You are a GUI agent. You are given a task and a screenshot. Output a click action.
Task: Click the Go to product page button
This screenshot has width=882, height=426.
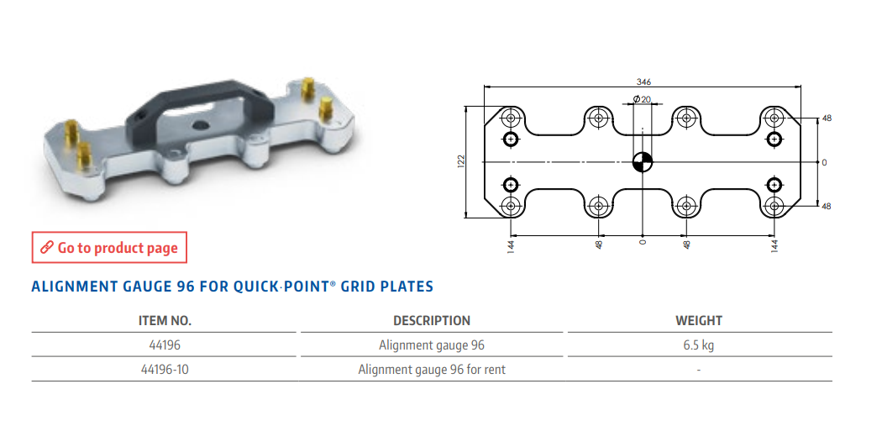(x=109, y=248)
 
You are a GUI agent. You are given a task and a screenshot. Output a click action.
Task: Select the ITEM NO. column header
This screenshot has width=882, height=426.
(x=165, y=321)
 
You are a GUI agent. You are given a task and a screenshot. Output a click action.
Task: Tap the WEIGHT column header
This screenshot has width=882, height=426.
(x=699, y=321)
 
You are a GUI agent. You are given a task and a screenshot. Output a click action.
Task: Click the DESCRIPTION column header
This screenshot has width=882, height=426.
(x=432, y=321)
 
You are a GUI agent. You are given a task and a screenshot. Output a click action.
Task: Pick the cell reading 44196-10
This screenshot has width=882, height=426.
(x=165, y=370)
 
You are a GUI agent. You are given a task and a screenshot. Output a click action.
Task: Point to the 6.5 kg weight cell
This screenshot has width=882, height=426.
(x=699, y=345)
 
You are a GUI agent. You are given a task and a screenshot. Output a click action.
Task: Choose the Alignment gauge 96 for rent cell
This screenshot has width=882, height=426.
(x=432, y=370)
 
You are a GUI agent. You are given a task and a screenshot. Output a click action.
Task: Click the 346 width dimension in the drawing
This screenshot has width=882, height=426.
(x=643, y=82)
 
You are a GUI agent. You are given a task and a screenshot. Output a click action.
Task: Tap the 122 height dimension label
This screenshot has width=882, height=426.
(x=460, y=162)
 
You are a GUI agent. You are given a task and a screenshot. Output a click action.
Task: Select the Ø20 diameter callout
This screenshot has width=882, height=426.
(x=642, y=99)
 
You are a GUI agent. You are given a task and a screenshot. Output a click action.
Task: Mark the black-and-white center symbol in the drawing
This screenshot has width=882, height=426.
(x=642, y=162)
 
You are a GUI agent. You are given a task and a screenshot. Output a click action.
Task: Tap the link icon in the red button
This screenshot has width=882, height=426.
(x=47, y=248)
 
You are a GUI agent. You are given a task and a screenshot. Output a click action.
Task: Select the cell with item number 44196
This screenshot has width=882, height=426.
(x=165, y=345)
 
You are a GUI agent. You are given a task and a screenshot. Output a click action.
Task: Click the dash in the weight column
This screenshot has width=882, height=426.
(x=699, y=371)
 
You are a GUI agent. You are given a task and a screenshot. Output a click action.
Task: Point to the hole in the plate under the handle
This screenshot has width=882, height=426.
(x=200, y=125)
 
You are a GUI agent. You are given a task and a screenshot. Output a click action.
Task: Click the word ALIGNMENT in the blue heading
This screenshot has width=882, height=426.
(x=75, y=287)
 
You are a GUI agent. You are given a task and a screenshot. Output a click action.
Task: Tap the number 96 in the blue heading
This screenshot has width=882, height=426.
(x=186, y=287)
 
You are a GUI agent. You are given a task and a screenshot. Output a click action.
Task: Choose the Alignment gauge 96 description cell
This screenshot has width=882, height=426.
(x=432, y=345)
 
